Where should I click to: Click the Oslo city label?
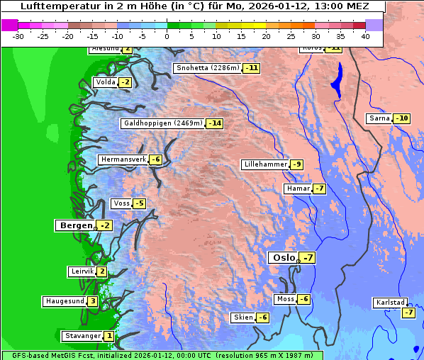click(x=282, y=258)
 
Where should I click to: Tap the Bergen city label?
click(x=75, y=225)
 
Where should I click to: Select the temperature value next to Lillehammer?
click(x=296, y=164)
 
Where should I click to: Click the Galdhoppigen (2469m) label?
click(x=163, y=123)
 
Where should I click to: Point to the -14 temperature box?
click(x=215, y=123)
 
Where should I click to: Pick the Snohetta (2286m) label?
click(x=208, y=68)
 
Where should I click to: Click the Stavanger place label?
click(x=82, y=336)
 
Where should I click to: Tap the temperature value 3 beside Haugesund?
click(x=93, y=301)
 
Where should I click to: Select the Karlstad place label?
click(x=391, y=303)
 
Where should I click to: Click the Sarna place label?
click(x=380, y=118)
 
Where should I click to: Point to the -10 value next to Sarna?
click(x=402, y=118)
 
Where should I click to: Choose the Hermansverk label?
click(x=123, y=159)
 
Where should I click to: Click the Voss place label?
click(x=121, y=203)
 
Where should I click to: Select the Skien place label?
click(x=242, y=317)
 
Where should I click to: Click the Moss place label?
click(x=285, y=299)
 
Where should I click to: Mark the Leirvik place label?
click(x=82, y=271)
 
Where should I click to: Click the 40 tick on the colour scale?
click(x=365, y=36)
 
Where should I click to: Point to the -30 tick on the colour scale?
click(x=18, y=36)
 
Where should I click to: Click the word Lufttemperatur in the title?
click(x=56, y=6)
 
